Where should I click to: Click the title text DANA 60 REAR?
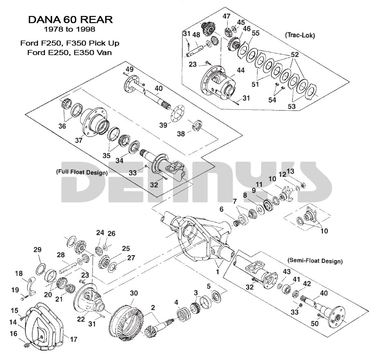[x=70, y=20]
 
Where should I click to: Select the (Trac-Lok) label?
[x=299, y=36]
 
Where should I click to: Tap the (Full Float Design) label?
[x=81, y=172]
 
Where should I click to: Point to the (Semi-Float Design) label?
[x=315, y=260]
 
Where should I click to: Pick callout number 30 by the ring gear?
[x=134, y=293]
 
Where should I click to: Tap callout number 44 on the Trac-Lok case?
[x=240, y=70]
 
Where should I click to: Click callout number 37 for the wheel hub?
[x=79, y=140]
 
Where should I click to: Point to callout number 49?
[x=129, y=69]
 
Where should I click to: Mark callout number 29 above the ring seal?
[x=37, y=250]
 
